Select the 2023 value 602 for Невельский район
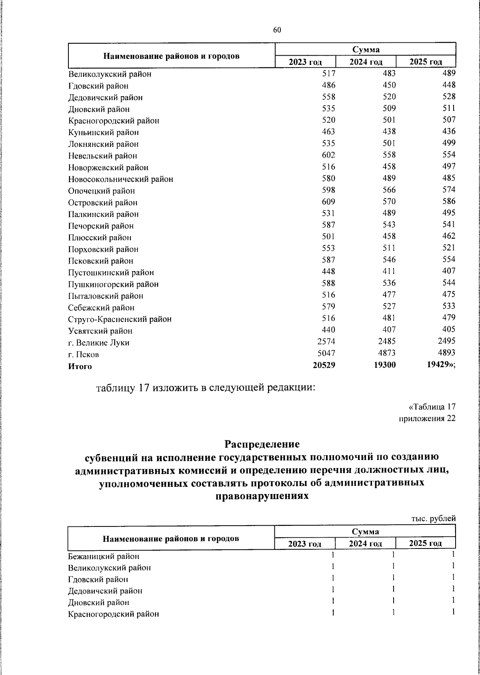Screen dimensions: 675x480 click(328, 155)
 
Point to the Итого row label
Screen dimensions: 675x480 click(80, 366)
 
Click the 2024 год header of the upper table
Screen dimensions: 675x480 click(366, 62)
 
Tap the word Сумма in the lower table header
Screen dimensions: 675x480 click(365, 531)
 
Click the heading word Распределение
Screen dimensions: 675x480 click(262, 444)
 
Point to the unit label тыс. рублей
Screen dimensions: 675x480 click(434, 518)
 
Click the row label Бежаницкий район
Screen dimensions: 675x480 click(104, 556)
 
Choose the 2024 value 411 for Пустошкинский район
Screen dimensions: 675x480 click(388, 271)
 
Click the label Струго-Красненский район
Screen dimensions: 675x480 click(120, 319)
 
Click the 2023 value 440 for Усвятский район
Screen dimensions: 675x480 click(328, 329)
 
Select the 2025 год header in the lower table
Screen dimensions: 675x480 click(425, 543)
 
